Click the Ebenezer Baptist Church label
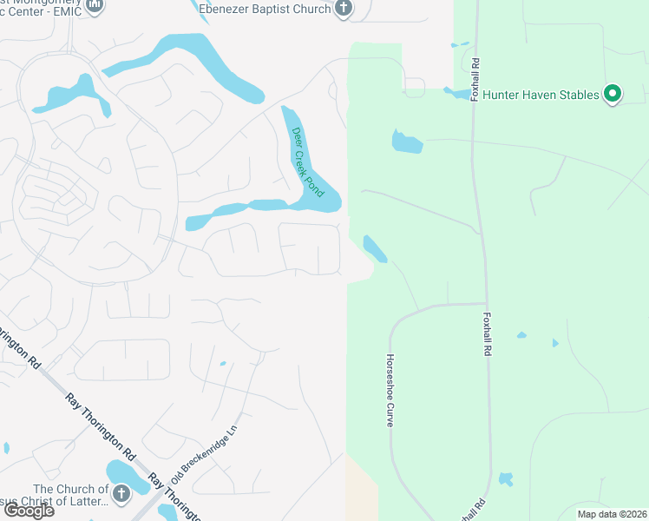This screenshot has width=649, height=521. pos(265,9)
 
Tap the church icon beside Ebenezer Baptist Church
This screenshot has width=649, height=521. pos(344,9)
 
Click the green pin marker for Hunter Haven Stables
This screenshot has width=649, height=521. pos(613,94)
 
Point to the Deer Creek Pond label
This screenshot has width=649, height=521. pos(308,162)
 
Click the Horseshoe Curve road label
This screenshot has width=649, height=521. pos(390,390)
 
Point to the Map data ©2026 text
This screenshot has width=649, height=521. pos(612,514)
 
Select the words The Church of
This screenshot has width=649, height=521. pos(71,490)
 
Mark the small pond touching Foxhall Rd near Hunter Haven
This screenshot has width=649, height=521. pos(458,93)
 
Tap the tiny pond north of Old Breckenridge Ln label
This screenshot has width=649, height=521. pos(223,364)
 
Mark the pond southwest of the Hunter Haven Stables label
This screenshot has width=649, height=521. pos(407,142)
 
